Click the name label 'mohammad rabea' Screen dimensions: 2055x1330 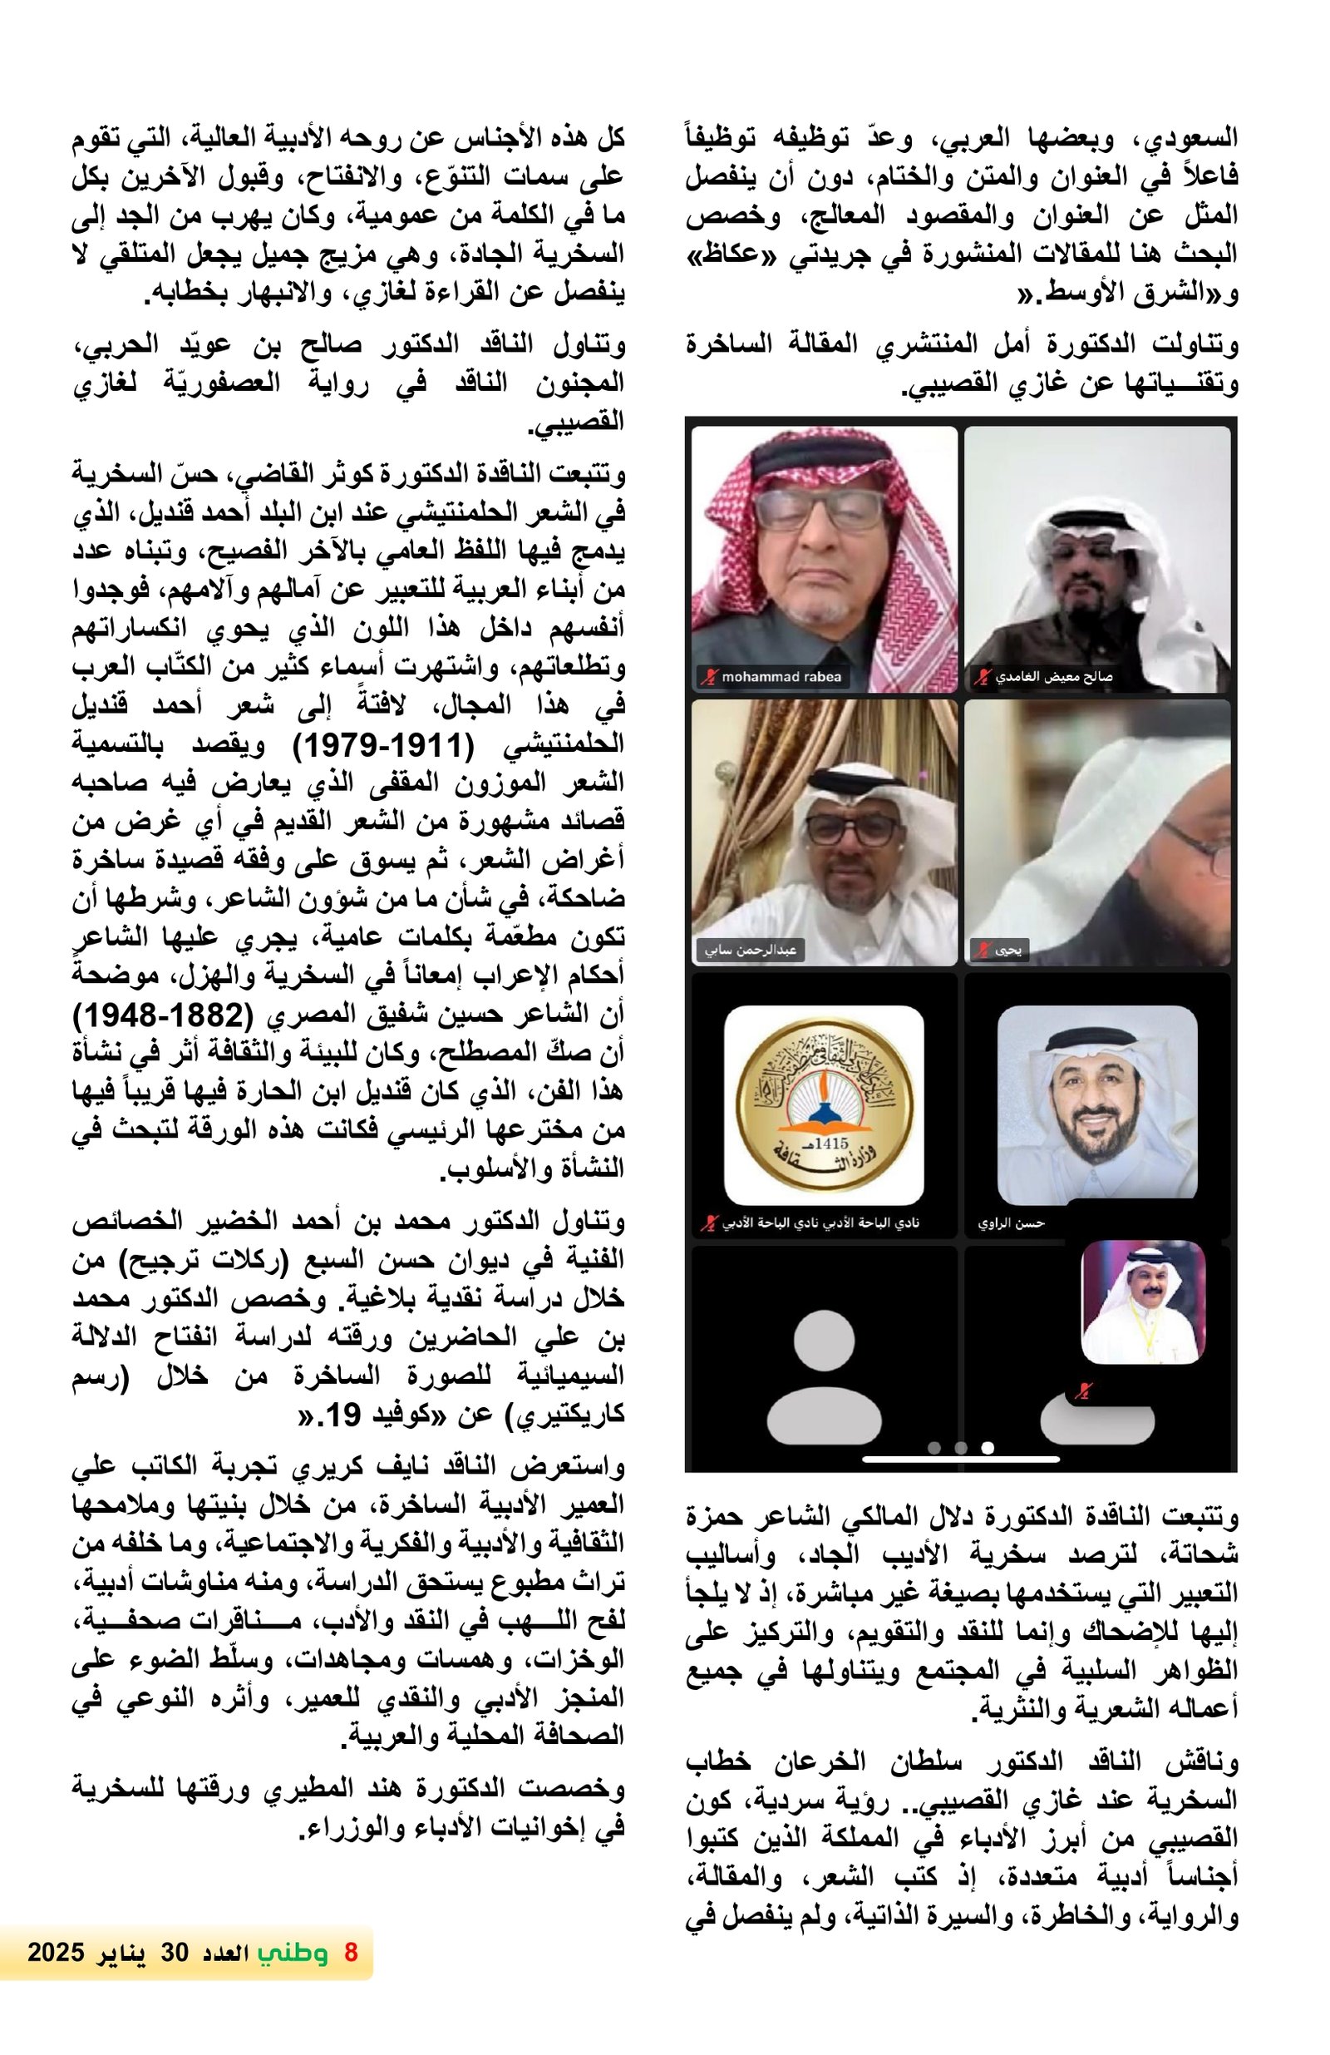781,677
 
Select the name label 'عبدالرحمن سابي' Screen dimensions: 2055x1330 749,951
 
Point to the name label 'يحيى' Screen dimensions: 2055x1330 1007,951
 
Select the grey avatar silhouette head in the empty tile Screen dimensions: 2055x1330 824,1340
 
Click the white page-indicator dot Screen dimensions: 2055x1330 988,1447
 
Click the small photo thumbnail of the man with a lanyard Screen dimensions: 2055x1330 1143,1302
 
